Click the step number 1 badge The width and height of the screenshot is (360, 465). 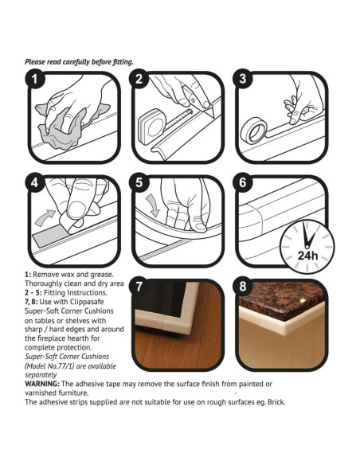(x=35, y=79)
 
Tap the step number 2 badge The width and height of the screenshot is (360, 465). (x=139, y=79)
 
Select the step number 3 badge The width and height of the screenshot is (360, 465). (x=243, y=79)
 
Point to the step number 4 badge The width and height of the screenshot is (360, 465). (x=35, y=183)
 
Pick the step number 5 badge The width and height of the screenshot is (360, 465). (x=139, y=183)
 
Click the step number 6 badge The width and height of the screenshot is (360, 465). (x=243, y=183)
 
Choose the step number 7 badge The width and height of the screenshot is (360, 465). (x=139, y=287)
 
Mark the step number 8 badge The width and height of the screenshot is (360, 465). (x=243, y=287)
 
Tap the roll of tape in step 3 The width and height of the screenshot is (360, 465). (x=253, y=131)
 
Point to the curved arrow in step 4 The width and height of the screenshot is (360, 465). (x=45, y=217)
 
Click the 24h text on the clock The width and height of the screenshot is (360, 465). (x=307, y=255)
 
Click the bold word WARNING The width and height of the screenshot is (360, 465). (x=42, y=384)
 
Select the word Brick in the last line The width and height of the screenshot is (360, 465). (x=276, y=402)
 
